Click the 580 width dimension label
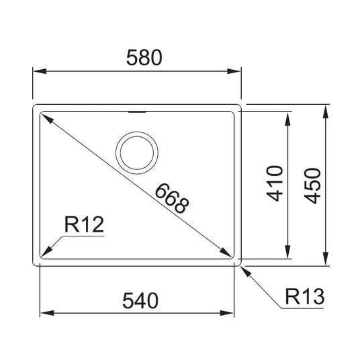pyautogui.click(x=144, y=57)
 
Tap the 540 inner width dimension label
pyautogui.click(x=140, y=300)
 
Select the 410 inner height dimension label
pyautogui.click(x=275, y=183)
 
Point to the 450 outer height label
pyautogui.click(x=312, y=186)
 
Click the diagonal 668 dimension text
pyautogui.click(x=172, y=198)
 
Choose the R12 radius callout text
pyautogui.click(x=84, y=224)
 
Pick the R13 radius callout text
pyautogui.click(x=305, y=296)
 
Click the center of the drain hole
pyautogui.click(x=137, y=153)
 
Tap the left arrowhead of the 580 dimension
pyautogui.click(x=40, y=71)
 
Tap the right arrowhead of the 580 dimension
pyautogui.click(x=234, y=71)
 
